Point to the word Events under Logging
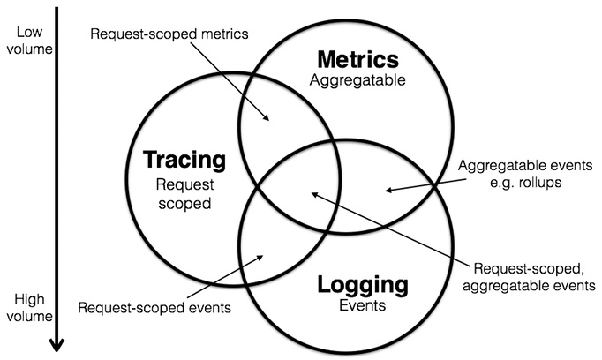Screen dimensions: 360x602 (x=363, y=306)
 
